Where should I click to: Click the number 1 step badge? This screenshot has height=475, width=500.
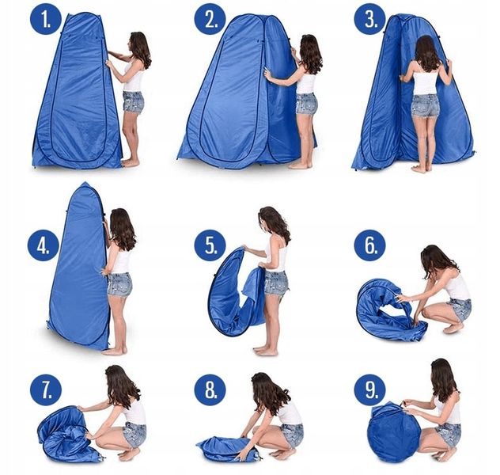[46, 19]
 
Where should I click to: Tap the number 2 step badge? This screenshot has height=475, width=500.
[210, 19]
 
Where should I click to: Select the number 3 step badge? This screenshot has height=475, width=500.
[370, 19]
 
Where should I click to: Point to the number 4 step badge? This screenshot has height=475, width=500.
[43, 245]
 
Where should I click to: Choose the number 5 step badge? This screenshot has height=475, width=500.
[210, 245]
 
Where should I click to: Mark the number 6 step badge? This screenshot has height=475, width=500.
[370, 245]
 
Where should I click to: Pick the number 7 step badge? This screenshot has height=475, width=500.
[46, 389]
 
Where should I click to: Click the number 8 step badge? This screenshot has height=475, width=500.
[210, 389]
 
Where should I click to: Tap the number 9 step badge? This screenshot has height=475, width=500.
[370, 389]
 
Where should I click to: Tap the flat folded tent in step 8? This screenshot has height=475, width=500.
[228, 449]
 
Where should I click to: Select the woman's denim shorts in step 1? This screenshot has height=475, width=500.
[133, 101]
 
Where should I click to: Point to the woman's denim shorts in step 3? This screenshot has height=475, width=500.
[425, 105]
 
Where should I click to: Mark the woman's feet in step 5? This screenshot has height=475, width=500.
[266, 351]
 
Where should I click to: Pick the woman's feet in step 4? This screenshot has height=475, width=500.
[115, 351]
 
